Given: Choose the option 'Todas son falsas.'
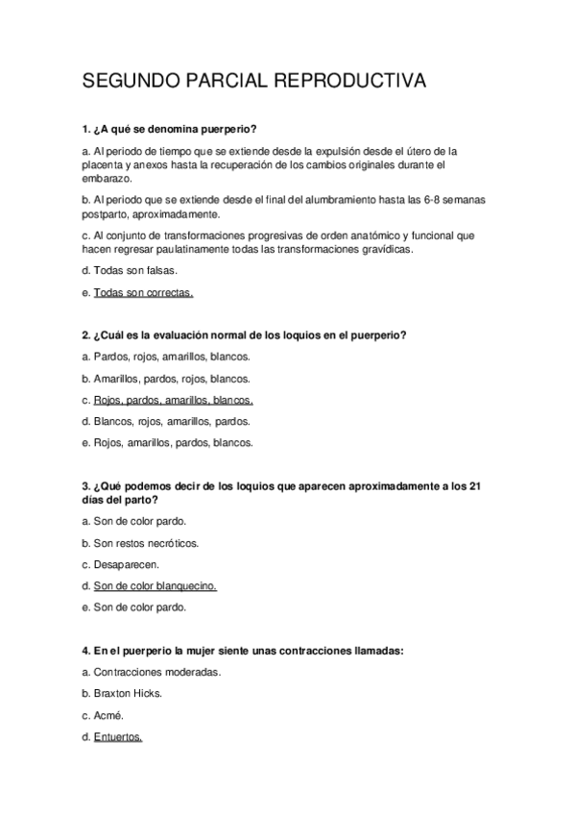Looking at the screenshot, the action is pyautogui.click(x=135, y=270).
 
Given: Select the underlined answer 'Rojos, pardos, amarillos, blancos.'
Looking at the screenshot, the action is pyautogui.click(x=173, y=400).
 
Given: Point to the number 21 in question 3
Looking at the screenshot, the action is pyautogui.click(x=472, y=486).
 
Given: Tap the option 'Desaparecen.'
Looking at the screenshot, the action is pyautogui.click(x=127, y=564).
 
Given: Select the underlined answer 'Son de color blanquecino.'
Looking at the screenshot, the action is pyautogui.click(x=155, y=585).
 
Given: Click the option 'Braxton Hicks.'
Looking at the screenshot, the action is pyautogui.click(x=132, y=694).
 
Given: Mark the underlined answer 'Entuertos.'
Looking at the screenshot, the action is pyautogui.click(x=118, y=737).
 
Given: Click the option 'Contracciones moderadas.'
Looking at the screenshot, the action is pyautogui.click(x=157, y=672).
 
